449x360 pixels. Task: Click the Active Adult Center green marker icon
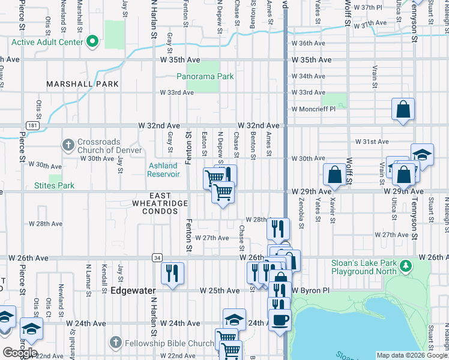(92, 42)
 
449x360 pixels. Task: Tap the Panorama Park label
(205, 76)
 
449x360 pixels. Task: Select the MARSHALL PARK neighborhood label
(83, 84)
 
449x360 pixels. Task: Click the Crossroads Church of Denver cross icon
(68, 145)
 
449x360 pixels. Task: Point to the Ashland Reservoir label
(163, 170)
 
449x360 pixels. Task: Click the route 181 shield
(32, 125)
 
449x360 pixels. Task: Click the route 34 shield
(155, 257)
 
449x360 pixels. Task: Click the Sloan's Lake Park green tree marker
(406, 265)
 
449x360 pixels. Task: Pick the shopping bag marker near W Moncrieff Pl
(403, 110)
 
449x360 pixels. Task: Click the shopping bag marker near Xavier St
(334, 174)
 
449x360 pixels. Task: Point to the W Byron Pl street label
(311, 290)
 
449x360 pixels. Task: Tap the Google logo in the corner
(20, 353)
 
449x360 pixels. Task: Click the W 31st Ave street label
(372, 142)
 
